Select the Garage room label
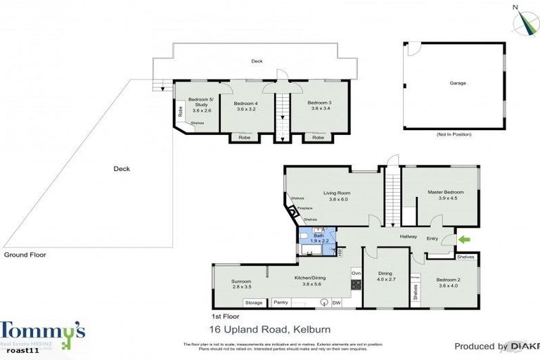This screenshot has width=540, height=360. pos(458,83)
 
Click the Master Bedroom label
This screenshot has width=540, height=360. pos(446,193)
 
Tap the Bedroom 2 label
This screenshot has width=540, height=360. pos(447,281)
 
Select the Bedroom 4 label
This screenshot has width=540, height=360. pos(246,106)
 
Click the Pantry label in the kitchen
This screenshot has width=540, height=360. pos(281,303)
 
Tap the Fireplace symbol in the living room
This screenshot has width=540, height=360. pos(293,212)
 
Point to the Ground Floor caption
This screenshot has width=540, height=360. pos(25,255)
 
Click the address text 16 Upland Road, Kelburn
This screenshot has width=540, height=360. pos(269,329)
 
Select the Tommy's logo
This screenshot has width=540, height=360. pos(42,334)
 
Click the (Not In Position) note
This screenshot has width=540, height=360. pos(454,134)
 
